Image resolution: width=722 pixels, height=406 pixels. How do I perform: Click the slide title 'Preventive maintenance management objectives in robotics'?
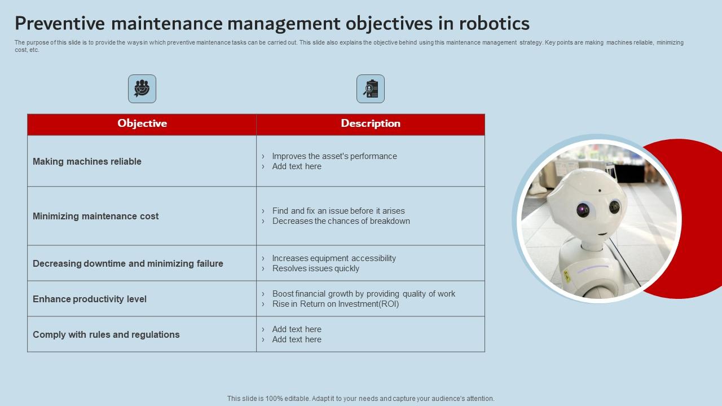tap(272, 23)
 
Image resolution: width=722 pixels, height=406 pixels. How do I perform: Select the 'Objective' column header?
tap(142, 123)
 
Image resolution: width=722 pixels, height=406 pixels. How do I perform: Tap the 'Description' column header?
tap(371, 123)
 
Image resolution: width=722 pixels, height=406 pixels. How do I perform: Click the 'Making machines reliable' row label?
tap(87, 161)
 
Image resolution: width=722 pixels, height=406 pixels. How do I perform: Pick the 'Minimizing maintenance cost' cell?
tap(95, 216)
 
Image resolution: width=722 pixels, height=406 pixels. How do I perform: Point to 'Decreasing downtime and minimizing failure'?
tap(128, 263)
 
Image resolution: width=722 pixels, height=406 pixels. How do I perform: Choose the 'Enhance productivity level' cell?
tap(90, 299)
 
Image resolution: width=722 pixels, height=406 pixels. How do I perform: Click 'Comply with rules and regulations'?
tap(106, 334)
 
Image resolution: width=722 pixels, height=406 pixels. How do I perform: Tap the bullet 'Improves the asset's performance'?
tap(334, 156)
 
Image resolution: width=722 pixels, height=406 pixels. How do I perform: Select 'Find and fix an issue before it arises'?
tap(338, 211)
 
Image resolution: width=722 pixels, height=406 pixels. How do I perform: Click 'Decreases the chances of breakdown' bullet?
tap(341, 221)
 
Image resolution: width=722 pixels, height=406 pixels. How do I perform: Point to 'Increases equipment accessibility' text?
tap(334, 258)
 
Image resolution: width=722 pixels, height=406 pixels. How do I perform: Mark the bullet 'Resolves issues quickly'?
tap(315, 268)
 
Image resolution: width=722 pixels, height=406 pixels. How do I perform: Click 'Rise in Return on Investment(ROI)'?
tap(336, 304)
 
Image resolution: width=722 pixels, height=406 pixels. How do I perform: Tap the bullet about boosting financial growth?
tap(363, 294)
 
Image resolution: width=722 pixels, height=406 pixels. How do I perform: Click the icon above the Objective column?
tap(142, 89)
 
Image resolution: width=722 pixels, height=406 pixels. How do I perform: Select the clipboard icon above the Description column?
tap(371, 89)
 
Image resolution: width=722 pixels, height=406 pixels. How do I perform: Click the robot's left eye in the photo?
tap(583, 210)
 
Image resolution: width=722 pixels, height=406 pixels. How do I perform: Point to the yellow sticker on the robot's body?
tap(566, 276)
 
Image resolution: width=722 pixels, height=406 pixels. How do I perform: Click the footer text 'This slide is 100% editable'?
tap(361, 398)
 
